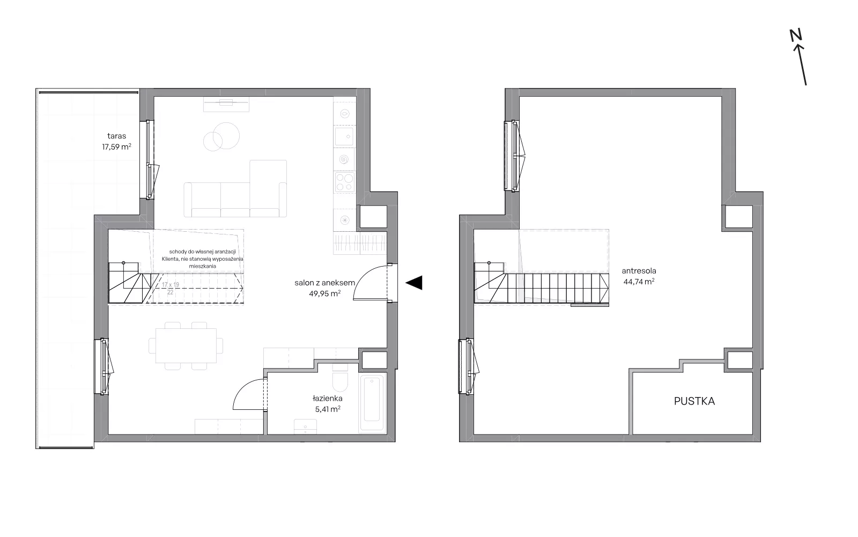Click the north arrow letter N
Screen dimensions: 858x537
796,35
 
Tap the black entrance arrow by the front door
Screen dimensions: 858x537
414,283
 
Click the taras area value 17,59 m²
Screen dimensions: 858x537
116,146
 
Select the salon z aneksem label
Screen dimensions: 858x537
324,283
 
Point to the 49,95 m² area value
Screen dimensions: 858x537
325,293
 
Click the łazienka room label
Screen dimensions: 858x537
328,398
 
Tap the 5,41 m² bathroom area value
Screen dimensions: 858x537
328,409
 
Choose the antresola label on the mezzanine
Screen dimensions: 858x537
639,271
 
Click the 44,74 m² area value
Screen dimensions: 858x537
639,282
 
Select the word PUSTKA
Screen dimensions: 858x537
694,401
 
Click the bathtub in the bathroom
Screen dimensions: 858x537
372,403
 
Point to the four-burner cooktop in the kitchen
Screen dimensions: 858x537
345,182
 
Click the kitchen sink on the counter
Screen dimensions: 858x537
344,137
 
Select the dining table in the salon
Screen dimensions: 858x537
186,345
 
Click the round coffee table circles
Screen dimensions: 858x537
221,137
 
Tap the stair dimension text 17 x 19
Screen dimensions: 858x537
171,285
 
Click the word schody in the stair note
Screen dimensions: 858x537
177,252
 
